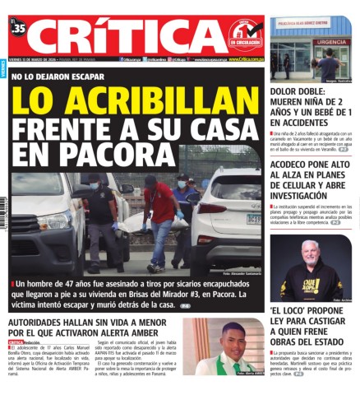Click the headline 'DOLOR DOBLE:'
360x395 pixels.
pos(300,91)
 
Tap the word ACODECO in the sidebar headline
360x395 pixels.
pos(299,165)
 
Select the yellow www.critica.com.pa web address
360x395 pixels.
pos(245,59)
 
